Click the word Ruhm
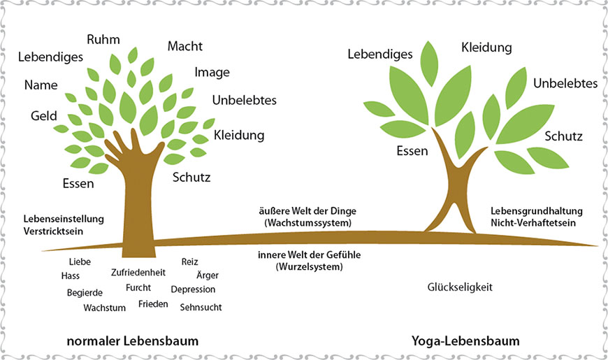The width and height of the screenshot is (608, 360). [102, 39]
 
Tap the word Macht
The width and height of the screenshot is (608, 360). [185, 46]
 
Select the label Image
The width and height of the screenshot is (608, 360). [212, 72]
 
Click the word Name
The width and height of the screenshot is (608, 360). [41, 85]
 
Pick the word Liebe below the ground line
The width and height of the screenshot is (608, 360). [80, 262]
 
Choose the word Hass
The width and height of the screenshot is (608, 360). [71, 276]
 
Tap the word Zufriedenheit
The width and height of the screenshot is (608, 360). [138, 273]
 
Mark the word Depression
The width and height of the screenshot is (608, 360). [193, 289]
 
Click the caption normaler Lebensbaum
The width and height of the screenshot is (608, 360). [133, 341]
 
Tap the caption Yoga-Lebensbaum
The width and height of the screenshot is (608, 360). [466, 341]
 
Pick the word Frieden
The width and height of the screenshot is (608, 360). [152, 303]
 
